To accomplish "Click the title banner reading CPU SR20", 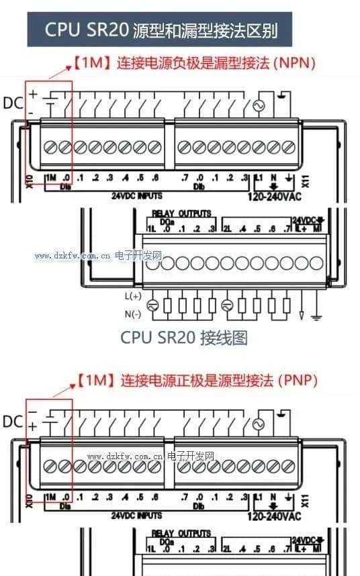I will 161,30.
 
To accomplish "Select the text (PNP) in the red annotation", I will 296,381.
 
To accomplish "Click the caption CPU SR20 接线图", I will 183,338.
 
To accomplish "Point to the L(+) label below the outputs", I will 133,296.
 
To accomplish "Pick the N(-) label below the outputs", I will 133,314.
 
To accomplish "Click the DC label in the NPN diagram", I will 13,103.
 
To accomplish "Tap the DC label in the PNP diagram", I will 13,421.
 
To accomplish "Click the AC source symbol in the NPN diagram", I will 257,106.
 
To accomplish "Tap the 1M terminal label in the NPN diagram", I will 50,177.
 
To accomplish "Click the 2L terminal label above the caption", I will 226,229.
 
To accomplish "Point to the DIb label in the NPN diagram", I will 199,186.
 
